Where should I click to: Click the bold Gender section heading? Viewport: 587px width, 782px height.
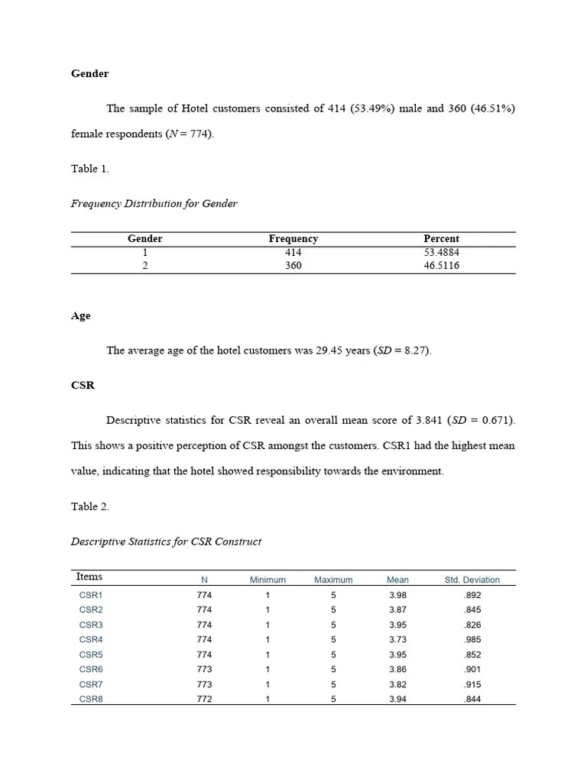coord(89,73)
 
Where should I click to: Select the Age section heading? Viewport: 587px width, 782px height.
coord(80,315)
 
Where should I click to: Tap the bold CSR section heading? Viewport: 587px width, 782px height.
coord(83,385)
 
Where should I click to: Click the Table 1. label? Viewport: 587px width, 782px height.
coord(89,169)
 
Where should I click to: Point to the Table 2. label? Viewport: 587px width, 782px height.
coord(89,506)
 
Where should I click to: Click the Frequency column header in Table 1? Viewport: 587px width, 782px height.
coord(293,238)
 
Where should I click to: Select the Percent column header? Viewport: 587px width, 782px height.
coord(441,238)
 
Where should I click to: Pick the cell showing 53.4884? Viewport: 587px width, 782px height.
coord(441,252)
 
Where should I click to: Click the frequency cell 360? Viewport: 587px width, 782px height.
coord(293,266)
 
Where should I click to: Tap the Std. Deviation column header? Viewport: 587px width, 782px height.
coord(472,580)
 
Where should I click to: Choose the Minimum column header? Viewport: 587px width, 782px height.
coord(268,580)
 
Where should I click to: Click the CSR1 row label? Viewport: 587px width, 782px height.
coord(90,595)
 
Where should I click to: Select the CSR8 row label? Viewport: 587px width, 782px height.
coord(90,699)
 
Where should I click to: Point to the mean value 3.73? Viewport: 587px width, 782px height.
coord(397,639)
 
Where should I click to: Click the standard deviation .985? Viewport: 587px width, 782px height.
coord(472,639)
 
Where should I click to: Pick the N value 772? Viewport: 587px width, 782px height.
coord(204,699)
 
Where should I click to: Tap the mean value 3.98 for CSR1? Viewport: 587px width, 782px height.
coord(397,595)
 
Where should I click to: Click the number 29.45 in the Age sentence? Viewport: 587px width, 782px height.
coord(330,351)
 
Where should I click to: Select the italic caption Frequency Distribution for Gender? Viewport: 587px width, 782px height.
coord(154,203)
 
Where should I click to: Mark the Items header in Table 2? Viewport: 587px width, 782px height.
coord(89,577)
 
